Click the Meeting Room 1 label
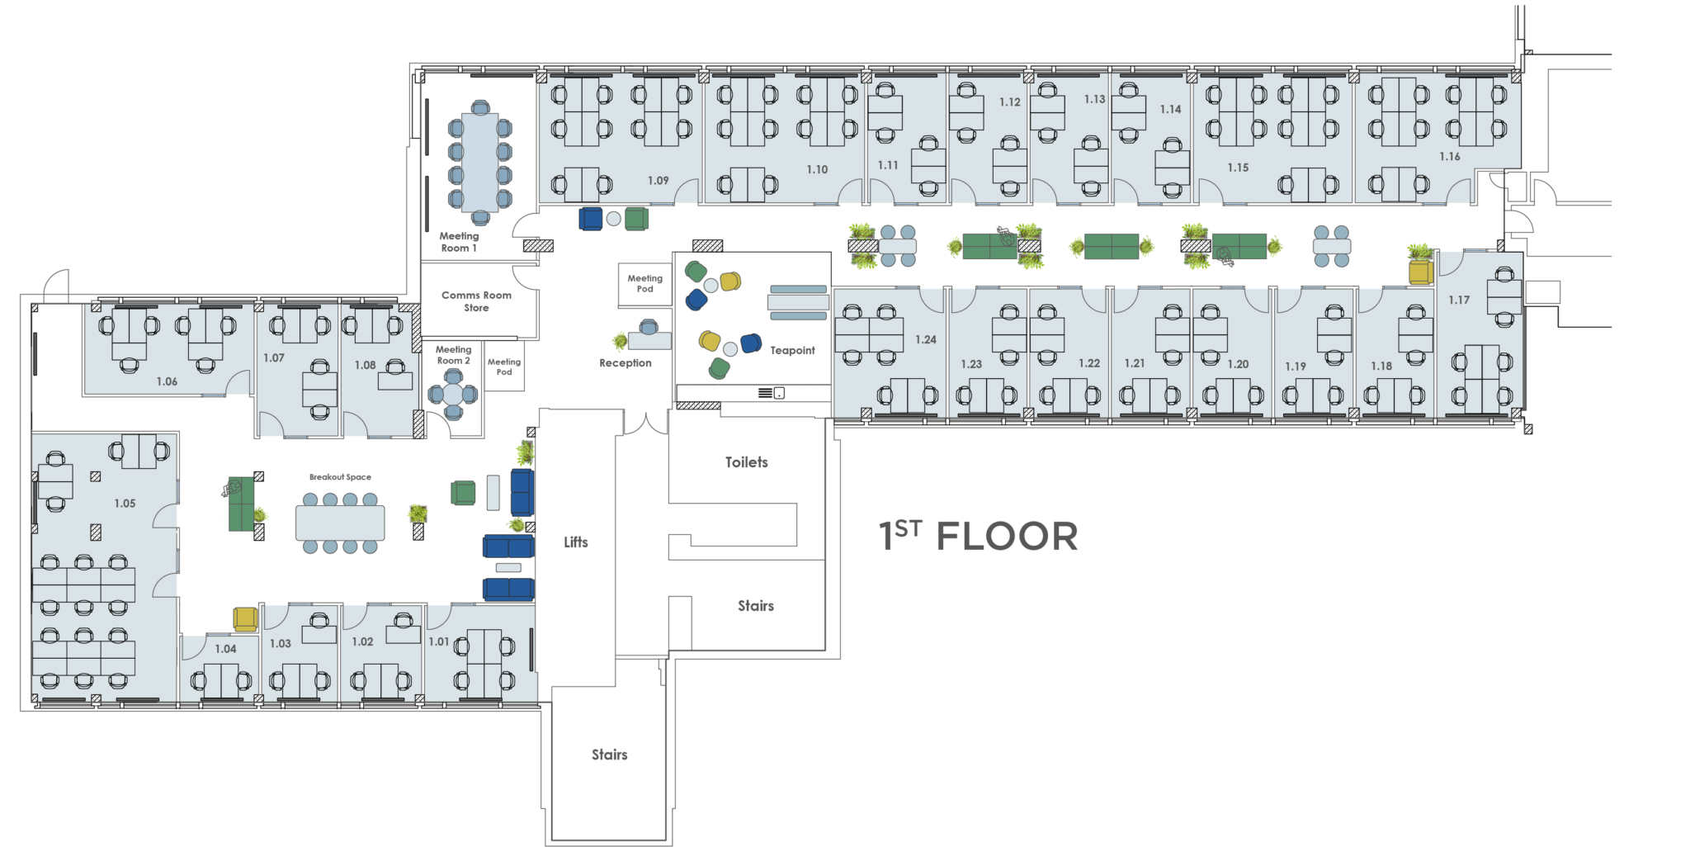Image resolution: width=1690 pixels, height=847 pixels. [459, 242]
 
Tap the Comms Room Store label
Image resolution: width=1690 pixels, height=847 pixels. [476, 301]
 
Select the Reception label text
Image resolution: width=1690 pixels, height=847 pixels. [625, 363]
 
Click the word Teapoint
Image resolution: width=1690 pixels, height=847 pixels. [792, 351]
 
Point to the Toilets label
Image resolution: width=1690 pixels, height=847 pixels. [747, 462]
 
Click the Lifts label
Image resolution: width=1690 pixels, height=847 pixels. [576, 542]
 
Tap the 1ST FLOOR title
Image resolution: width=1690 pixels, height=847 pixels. [979, 537]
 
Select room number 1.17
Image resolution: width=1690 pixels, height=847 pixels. [1459, 300]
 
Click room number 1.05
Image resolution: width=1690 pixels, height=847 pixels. [125, 504]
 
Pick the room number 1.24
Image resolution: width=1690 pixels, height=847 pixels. [926, 340]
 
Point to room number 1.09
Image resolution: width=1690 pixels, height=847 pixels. [659, 181]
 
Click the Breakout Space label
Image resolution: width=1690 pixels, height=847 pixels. [340, 477]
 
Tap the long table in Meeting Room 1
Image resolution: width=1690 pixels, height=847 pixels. [480, 163]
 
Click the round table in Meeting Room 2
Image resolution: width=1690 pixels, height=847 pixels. [453, 395]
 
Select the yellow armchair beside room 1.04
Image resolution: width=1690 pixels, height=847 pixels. [245, 619]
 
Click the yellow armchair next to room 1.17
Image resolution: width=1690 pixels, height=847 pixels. [1420, 272]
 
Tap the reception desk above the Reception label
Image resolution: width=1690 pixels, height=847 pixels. [649, 340]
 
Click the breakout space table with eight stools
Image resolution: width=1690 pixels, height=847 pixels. [340, 523]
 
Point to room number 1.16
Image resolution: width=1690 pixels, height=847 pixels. [1450, 157]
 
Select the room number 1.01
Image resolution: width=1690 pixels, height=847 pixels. [439, 642]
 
